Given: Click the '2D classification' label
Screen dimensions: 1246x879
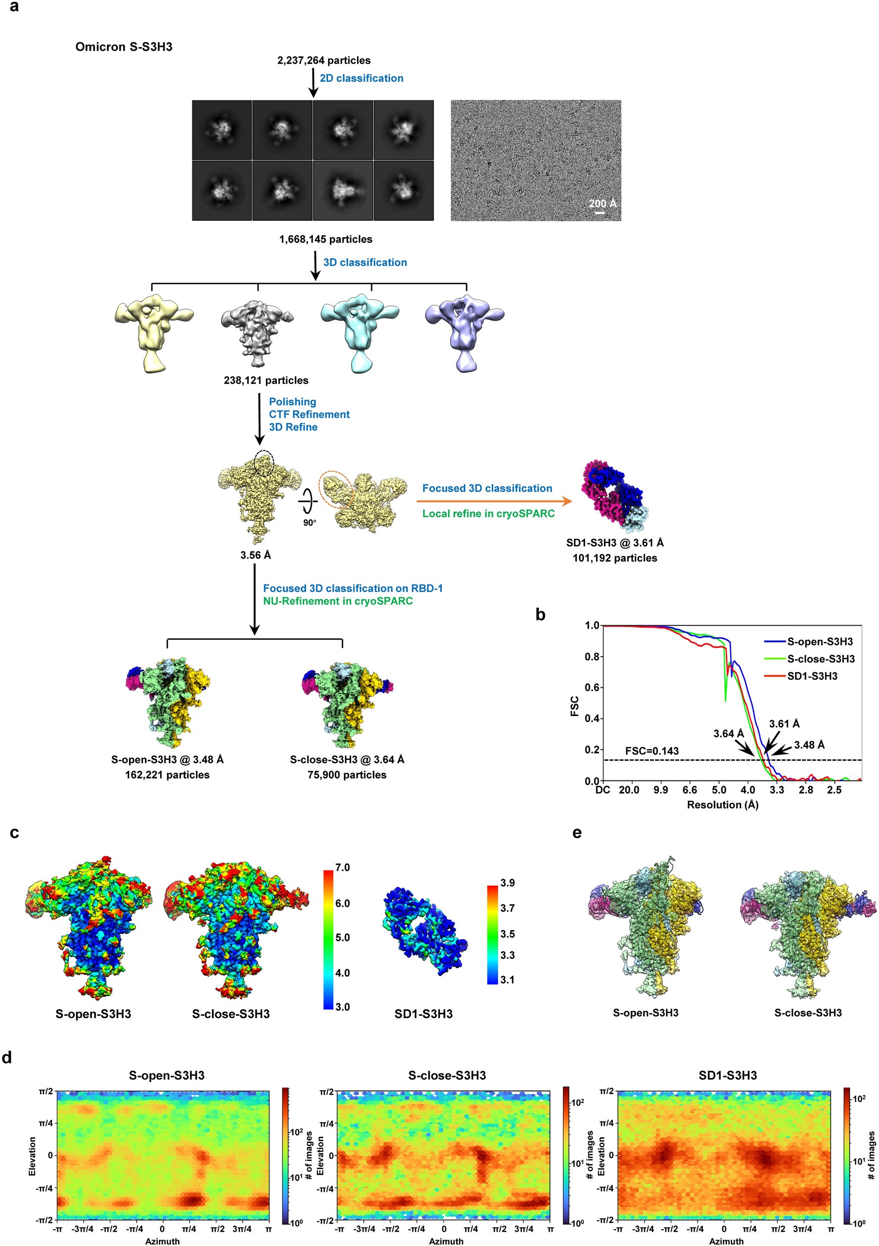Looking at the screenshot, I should pyautogui.click(x=361, y=78).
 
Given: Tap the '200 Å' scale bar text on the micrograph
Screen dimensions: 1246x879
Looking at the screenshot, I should pyautogui.click(x=603, y=203).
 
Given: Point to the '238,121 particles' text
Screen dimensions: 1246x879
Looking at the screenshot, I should pyautogui.click(x=265, y=381).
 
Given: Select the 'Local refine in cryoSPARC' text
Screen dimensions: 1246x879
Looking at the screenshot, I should pyautogui.click(x=488, y=514).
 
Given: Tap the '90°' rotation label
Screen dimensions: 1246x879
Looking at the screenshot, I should pyautogui.click(x=309, y=522).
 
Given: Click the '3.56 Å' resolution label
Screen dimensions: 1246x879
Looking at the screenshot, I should pyautogui.click(x=255, y=555).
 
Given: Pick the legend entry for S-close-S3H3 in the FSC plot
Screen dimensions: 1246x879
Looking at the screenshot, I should pyautogui.click(x=820, y=659).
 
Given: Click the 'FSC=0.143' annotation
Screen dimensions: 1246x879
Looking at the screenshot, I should pyautogui.click(x=652, y=751).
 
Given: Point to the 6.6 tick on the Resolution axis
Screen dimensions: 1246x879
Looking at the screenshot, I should pyautogui.click(x=690, y=790).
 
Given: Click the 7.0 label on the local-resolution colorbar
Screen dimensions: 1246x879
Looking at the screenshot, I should pyautogui.click(x=342, y=867).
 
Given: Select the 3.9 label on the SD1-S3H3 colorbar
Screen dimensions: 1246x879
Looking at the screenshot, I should pyautogui.click(x=507, y=883).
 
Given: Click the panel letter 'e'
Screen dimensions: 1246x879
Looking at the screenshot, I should pyautogui.click(x=576, y=832).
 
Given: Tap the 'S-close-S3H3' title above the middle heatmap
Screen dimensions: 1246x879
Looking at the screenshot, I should pyautogui.click(x=446, y=1075).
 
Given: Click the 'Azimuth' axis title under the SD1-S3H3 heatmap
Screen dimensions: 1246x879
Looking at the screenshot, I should pyautogui.click(x=726, y=1241).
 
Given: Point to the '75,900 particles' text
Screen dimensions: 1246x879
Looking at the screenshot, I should pyautogui.click(x=347, y=775).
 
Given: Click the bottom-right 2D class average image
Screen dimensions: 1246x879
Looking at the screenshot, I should pyautogui.click(x=403, y=190).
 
